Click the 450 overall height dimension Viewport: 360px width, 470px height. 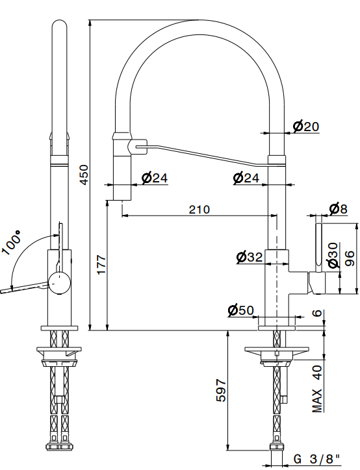[84, 175]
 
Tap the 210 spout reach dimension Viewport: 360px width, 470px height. [199, 210]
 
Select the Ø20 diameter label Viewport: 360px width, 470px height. [305, 126]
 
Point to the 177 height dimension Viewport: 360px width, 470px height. [101, 264]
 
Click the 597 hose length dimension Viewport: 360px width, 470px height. [221, 390]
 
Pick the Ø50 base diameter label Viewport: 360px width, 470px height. [240, 310]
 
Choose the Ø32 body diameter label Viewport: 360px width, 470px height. [250, 257]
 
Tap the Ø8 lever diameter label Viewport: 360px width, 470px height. [338, 208]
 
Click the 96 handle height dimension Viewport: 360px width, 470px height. [350, 258]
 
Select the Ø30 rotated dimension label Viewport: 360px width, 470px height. [333, 255]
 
